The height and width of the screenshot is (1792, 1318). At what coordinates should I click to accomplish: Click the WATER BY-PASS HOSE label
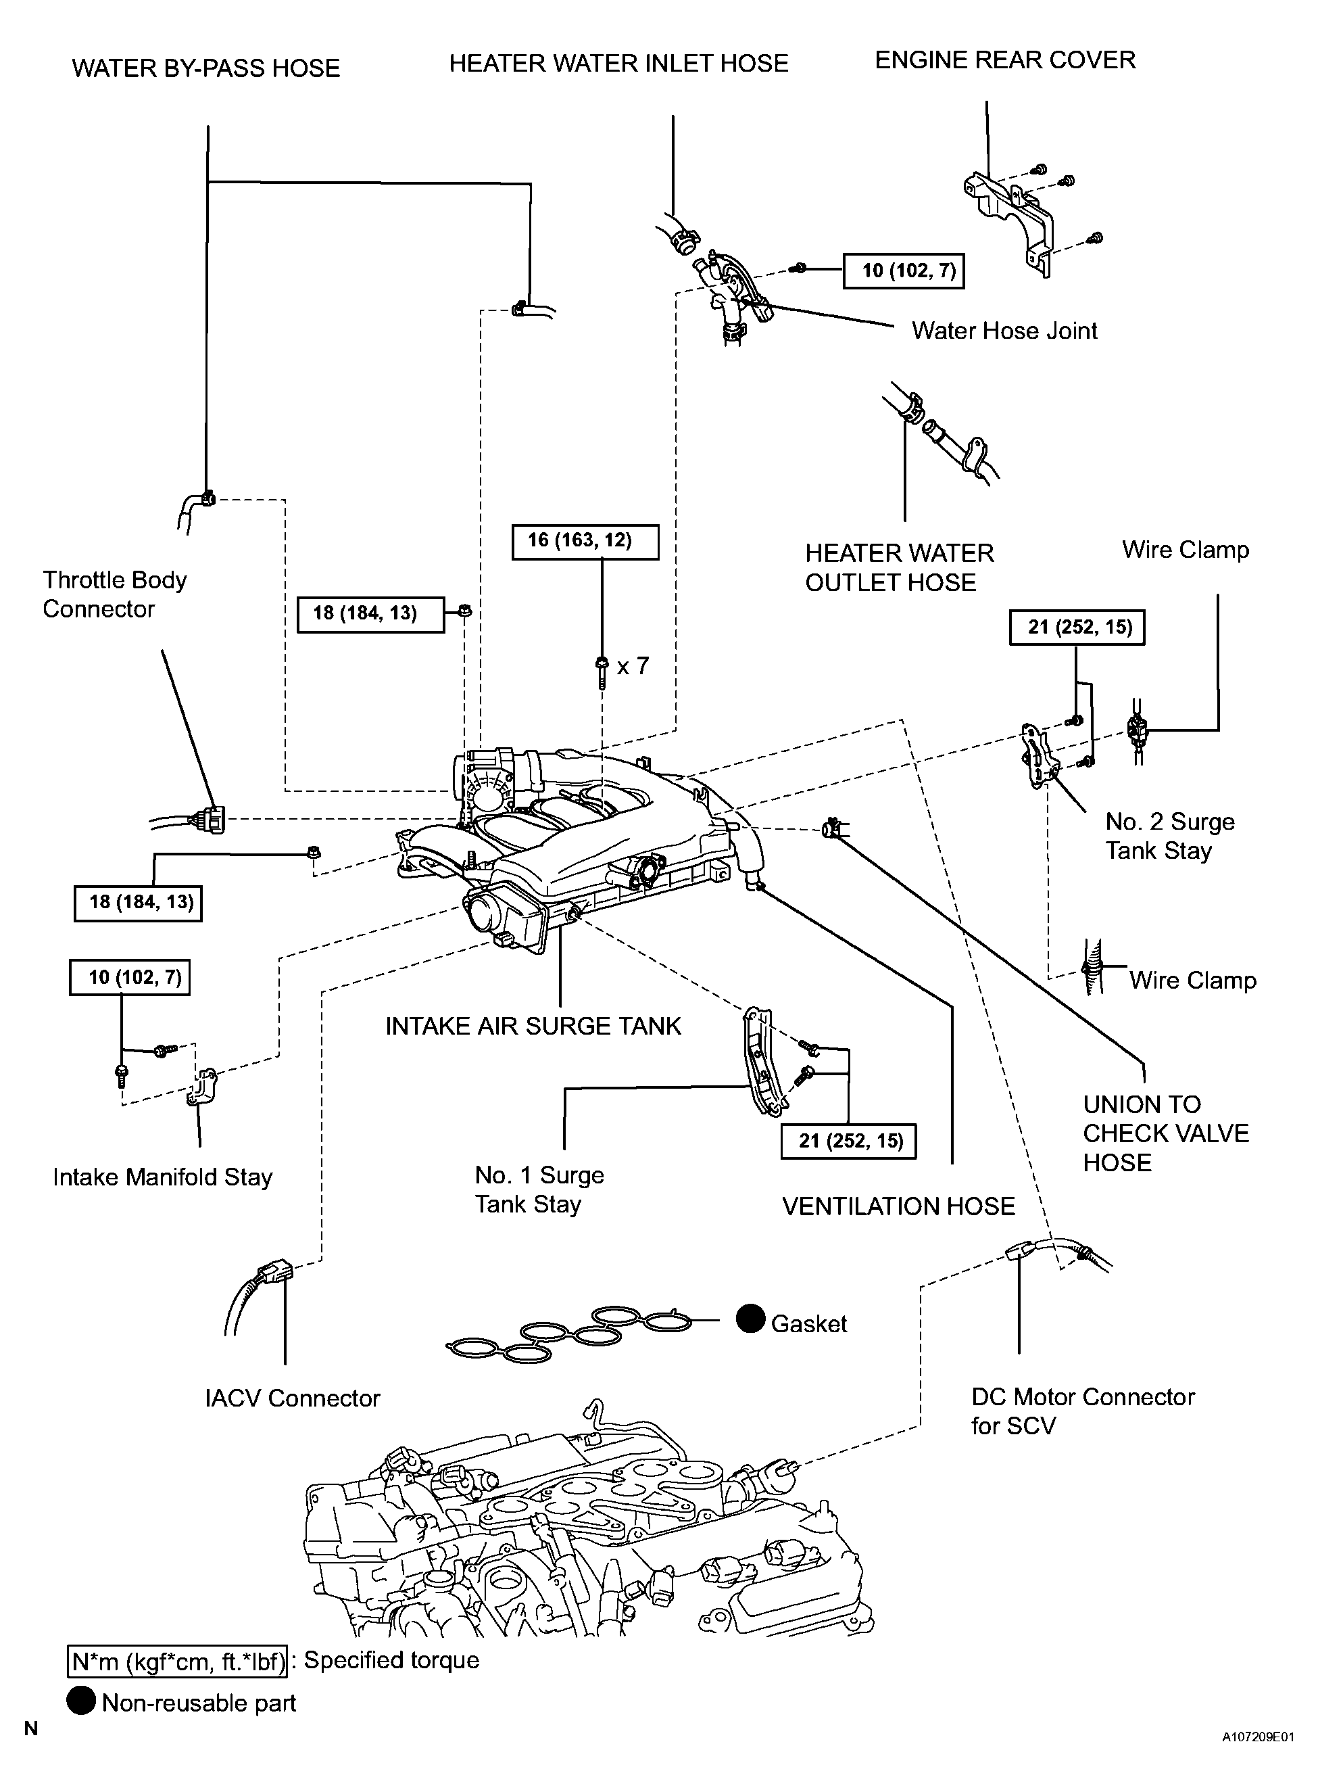coord(206,68)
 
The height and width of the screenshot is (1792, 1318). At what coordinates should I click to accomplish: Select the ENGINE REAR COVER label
coord(1004,60)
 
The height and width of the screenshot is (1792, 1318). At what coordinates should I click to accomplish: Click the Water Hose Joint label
coord(1004,331)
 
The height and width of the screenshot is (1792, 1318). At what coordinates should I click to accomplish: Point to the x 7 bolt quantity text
coord(633,665)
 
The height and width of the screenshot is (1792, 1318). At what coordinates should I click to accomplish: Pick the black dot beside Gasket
coord(750,1319)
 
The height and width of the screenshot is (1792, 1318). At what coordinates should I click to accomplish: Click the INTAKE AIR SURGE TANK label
coord(533,1026)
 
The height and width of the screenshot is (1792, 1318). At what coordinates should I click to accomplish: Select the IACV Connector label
coord(292,1398)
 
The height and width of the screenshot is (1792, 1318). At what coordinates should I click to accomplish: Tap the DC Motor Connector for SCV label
coord(1083,1411)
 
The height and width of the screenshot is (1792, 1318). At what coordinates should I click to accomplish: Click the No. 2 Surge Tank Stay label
coord(1169,836)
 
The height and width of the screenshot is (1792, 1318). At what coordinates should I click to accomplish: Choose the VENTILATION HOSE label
coord(898,1206)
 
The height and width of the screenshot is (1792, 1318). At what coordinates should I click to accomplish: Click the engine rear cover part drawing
coord(1008,216)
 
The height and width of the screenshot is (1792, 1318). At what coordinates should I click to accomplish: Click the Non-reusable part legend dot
coord(80,1702)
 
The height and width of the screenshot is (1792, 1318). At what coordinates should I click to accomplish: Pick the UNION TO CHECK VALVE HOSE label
coord(1165,1133)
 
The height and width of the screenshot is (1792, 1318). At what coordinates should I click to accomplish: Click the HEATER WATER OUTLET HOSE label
coord(899,567)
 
